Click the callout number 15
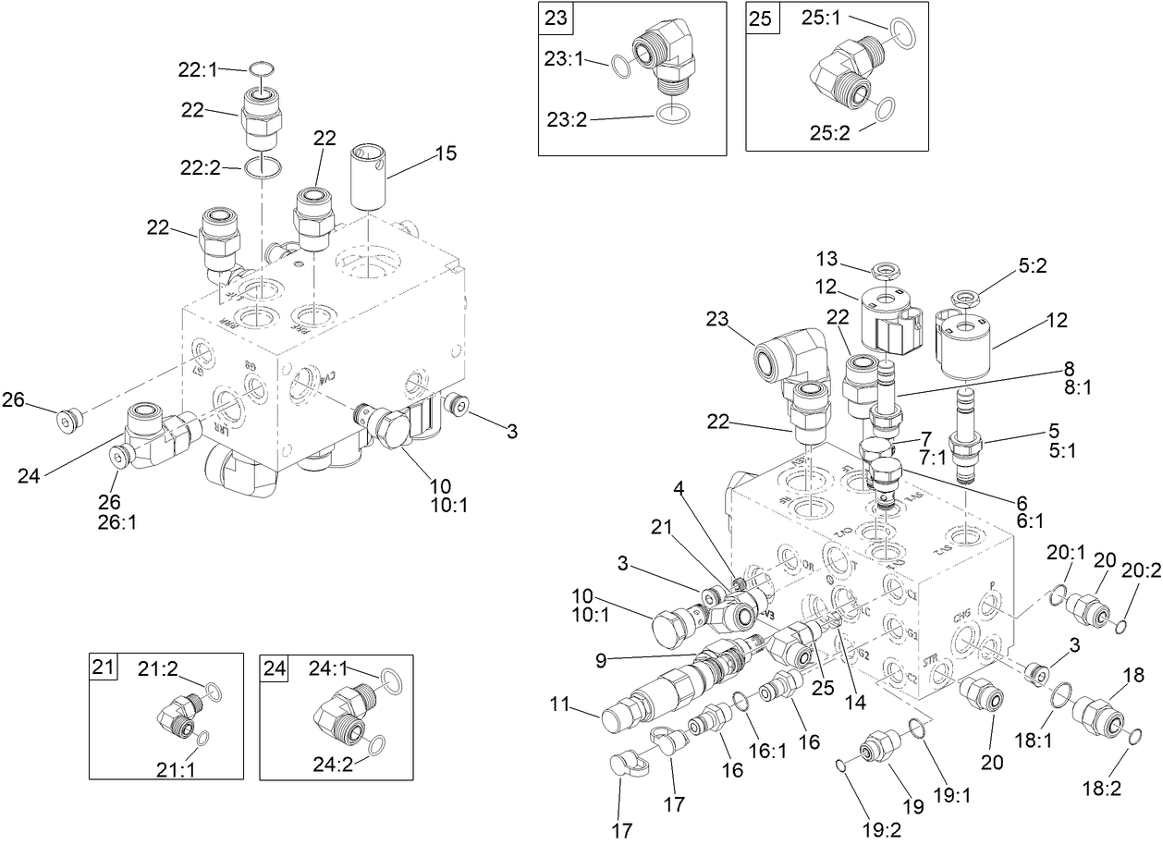[446, 153]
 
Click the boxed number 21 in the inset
[104, 667]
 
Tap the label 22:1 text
[197, 68]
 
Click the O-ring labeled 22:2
[263, 168]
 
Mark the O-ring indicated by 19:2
[839, 764]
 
